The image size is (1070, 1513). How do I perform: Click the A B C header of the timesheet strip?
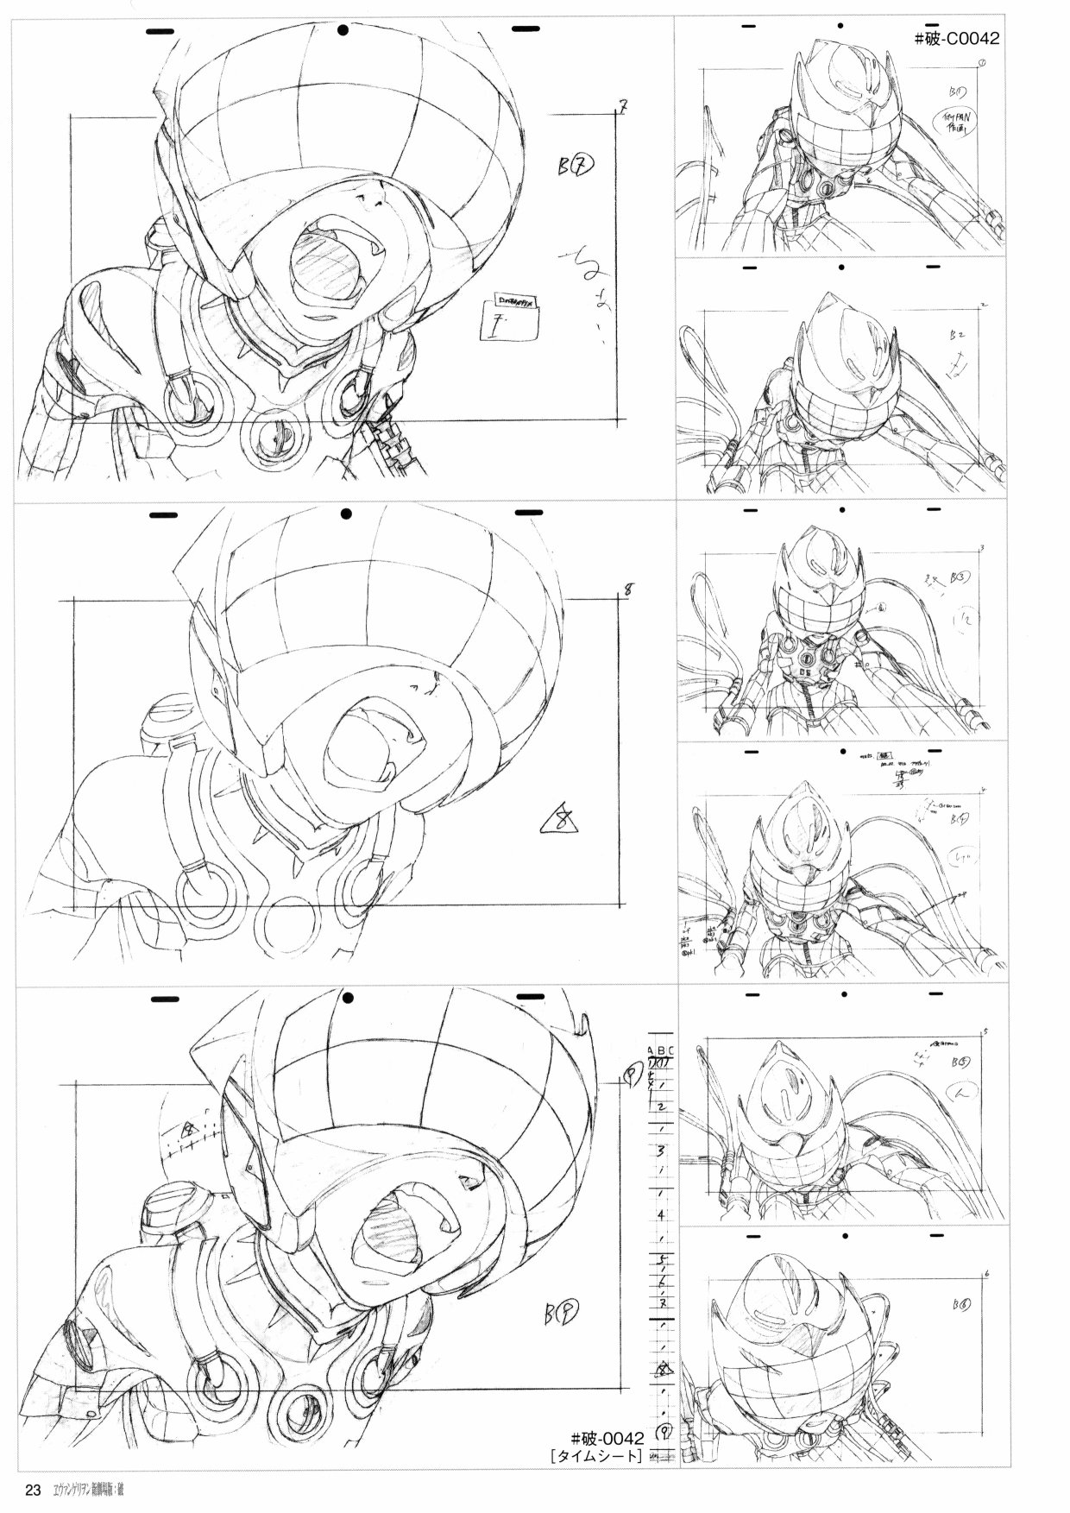662,1050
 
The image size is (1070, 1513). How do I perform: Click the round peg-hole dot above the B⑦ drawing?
343,31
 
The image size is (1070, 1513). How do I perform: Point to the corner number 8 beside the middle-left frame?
629,590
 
